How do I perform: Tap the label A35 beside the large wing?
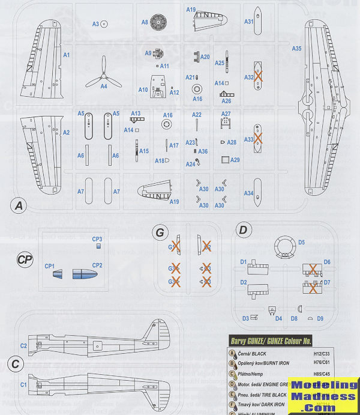coord(296,48)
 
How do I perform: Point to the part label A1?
coord(67,55)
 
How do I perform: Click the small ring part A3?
coord(104,24)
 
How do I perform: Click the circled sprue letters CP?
coord(25,259)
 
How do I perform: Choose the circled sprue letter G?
coord(159,232)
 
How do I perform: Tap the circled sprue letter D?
coord(242,230)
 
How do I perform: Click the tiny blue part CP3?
coord(99,246)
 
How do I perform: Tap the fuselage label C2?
coord(23,346)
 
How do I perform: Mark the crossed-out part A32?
coord(258,77)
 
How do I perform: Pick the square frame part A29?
coord(226,160)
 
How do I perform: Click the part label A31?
coord(248,22)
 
